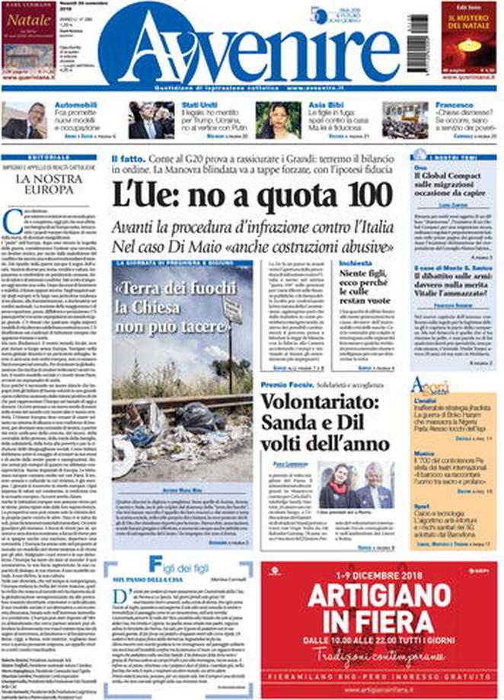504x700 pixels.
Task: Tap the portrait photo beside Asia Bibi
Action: (x=278, y=120)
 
